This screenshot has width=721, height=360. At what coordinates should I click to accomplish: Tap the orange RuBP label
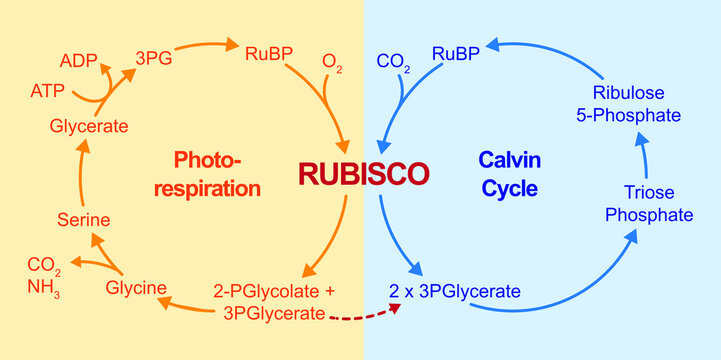268,52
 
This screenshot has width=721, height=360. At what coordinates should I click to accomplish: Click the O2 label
332,65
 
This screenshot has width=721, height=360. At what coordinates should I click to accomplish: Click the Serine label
82,219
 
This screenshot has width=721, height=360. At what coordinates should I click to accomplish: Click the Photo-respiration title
217,173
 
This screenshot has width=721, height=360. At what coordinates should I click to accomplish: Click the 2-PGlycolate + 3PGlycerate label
274,301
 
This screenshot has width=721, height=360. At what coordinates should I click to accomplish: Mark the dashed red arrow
364,315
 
